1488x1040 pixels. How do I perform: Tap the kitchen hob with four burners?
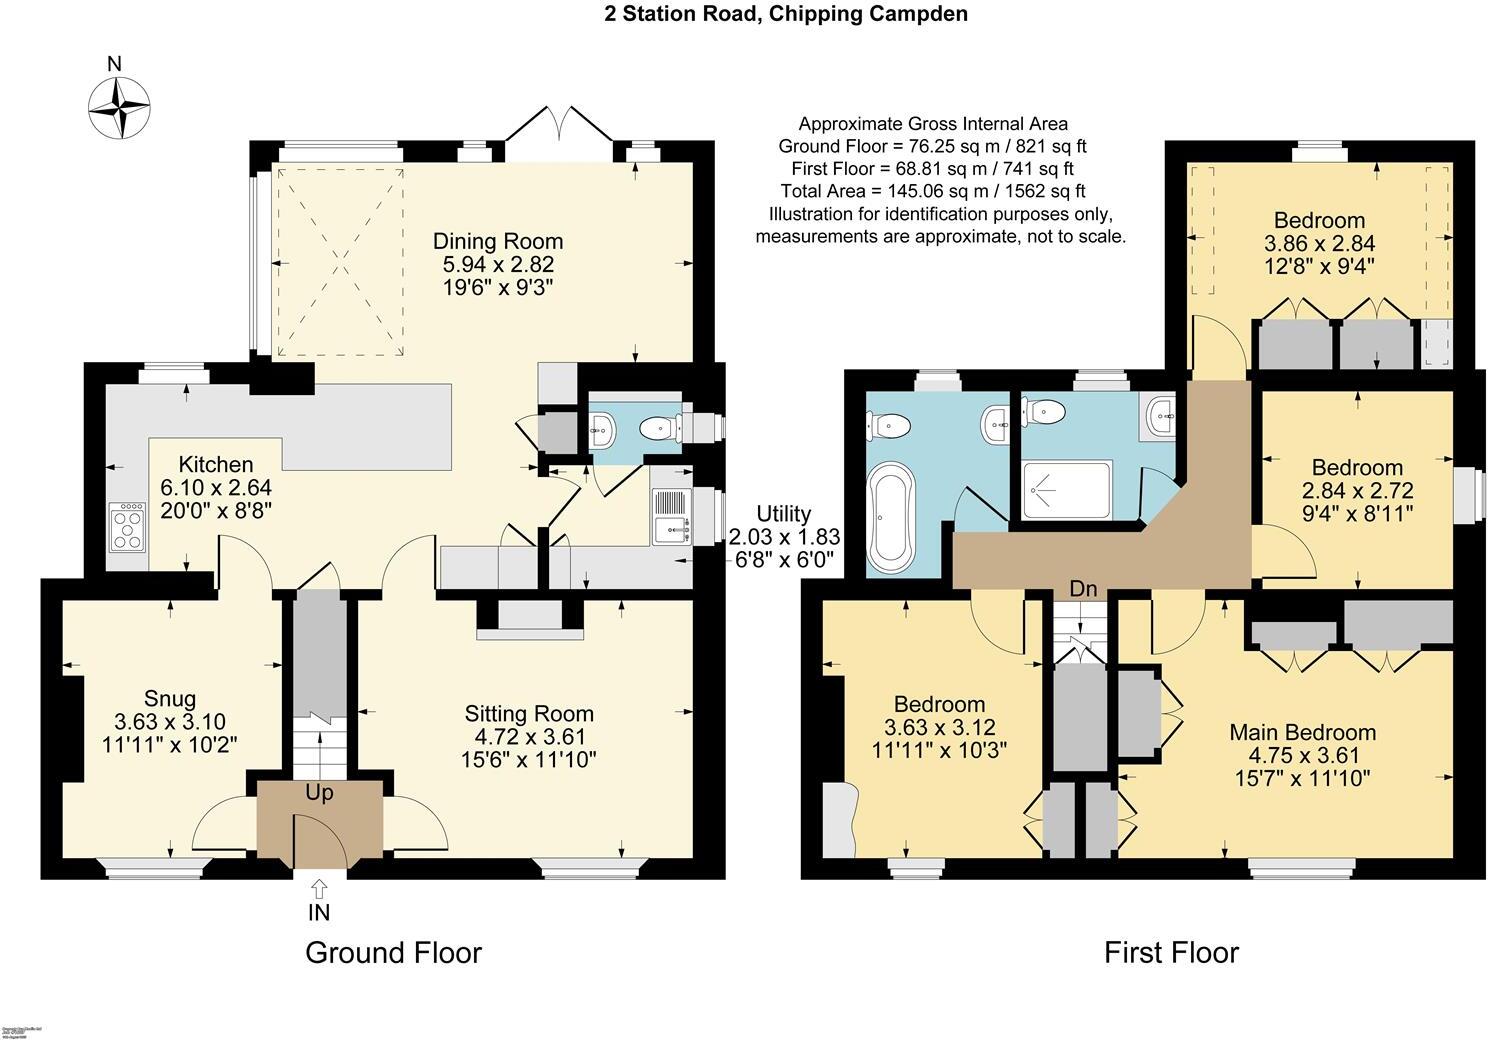tap(129, 526)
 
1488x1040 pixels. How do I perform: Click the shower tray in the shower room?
tap(1067, 489)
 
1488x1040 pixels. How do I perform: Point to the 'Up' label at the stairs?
tap(319, 794)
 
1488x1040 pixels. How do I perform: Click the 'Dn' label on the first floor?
tap(1083, 589)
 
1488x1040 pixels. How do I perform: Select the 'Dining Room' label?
tap(497, 241)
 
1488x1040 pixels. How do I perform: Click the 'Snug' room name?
tap(170, 699)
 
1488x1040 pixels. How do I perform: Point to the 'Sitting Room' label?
tap(529, 714)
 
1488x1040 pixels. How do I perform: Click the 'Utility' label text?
tap(783, 514)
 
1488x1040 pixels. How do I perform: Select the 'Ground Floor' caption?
tap(393, 953)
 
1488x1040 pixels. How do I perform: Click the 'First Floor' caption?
tap(1171, 953)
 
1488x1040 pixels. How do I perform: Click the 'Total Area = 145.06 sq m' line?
tap(933, 191)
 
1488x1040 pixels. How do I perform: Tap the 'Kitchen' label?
tap(215, 464)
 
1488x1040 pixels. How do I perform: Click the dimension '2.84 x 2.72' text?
tap(1357, 490)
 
